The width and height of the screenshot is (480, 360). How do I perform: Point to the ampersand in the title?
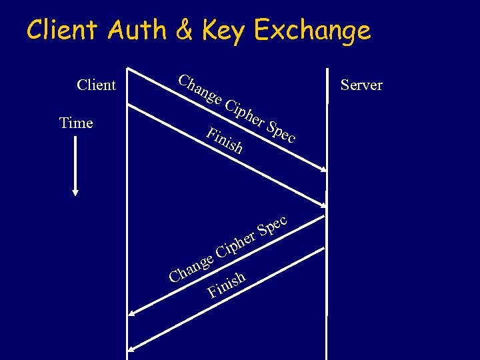pos(180,31)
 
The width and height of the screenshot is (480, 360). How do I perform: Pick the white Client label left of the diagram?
pos(96,85)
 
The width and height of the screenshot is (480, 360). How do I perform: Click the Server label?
pos(361,85)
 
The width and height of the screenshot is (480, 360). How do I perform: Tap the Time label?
pos(76,123)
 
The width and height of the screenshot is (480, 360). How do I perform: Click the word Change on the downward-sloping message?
pos(199,91)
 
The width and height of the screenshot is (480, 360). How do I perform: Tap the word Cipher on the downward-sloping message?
pos(243,114)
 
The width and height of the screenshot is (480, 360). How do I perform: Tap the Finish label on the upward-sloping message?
pos(227,283)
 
